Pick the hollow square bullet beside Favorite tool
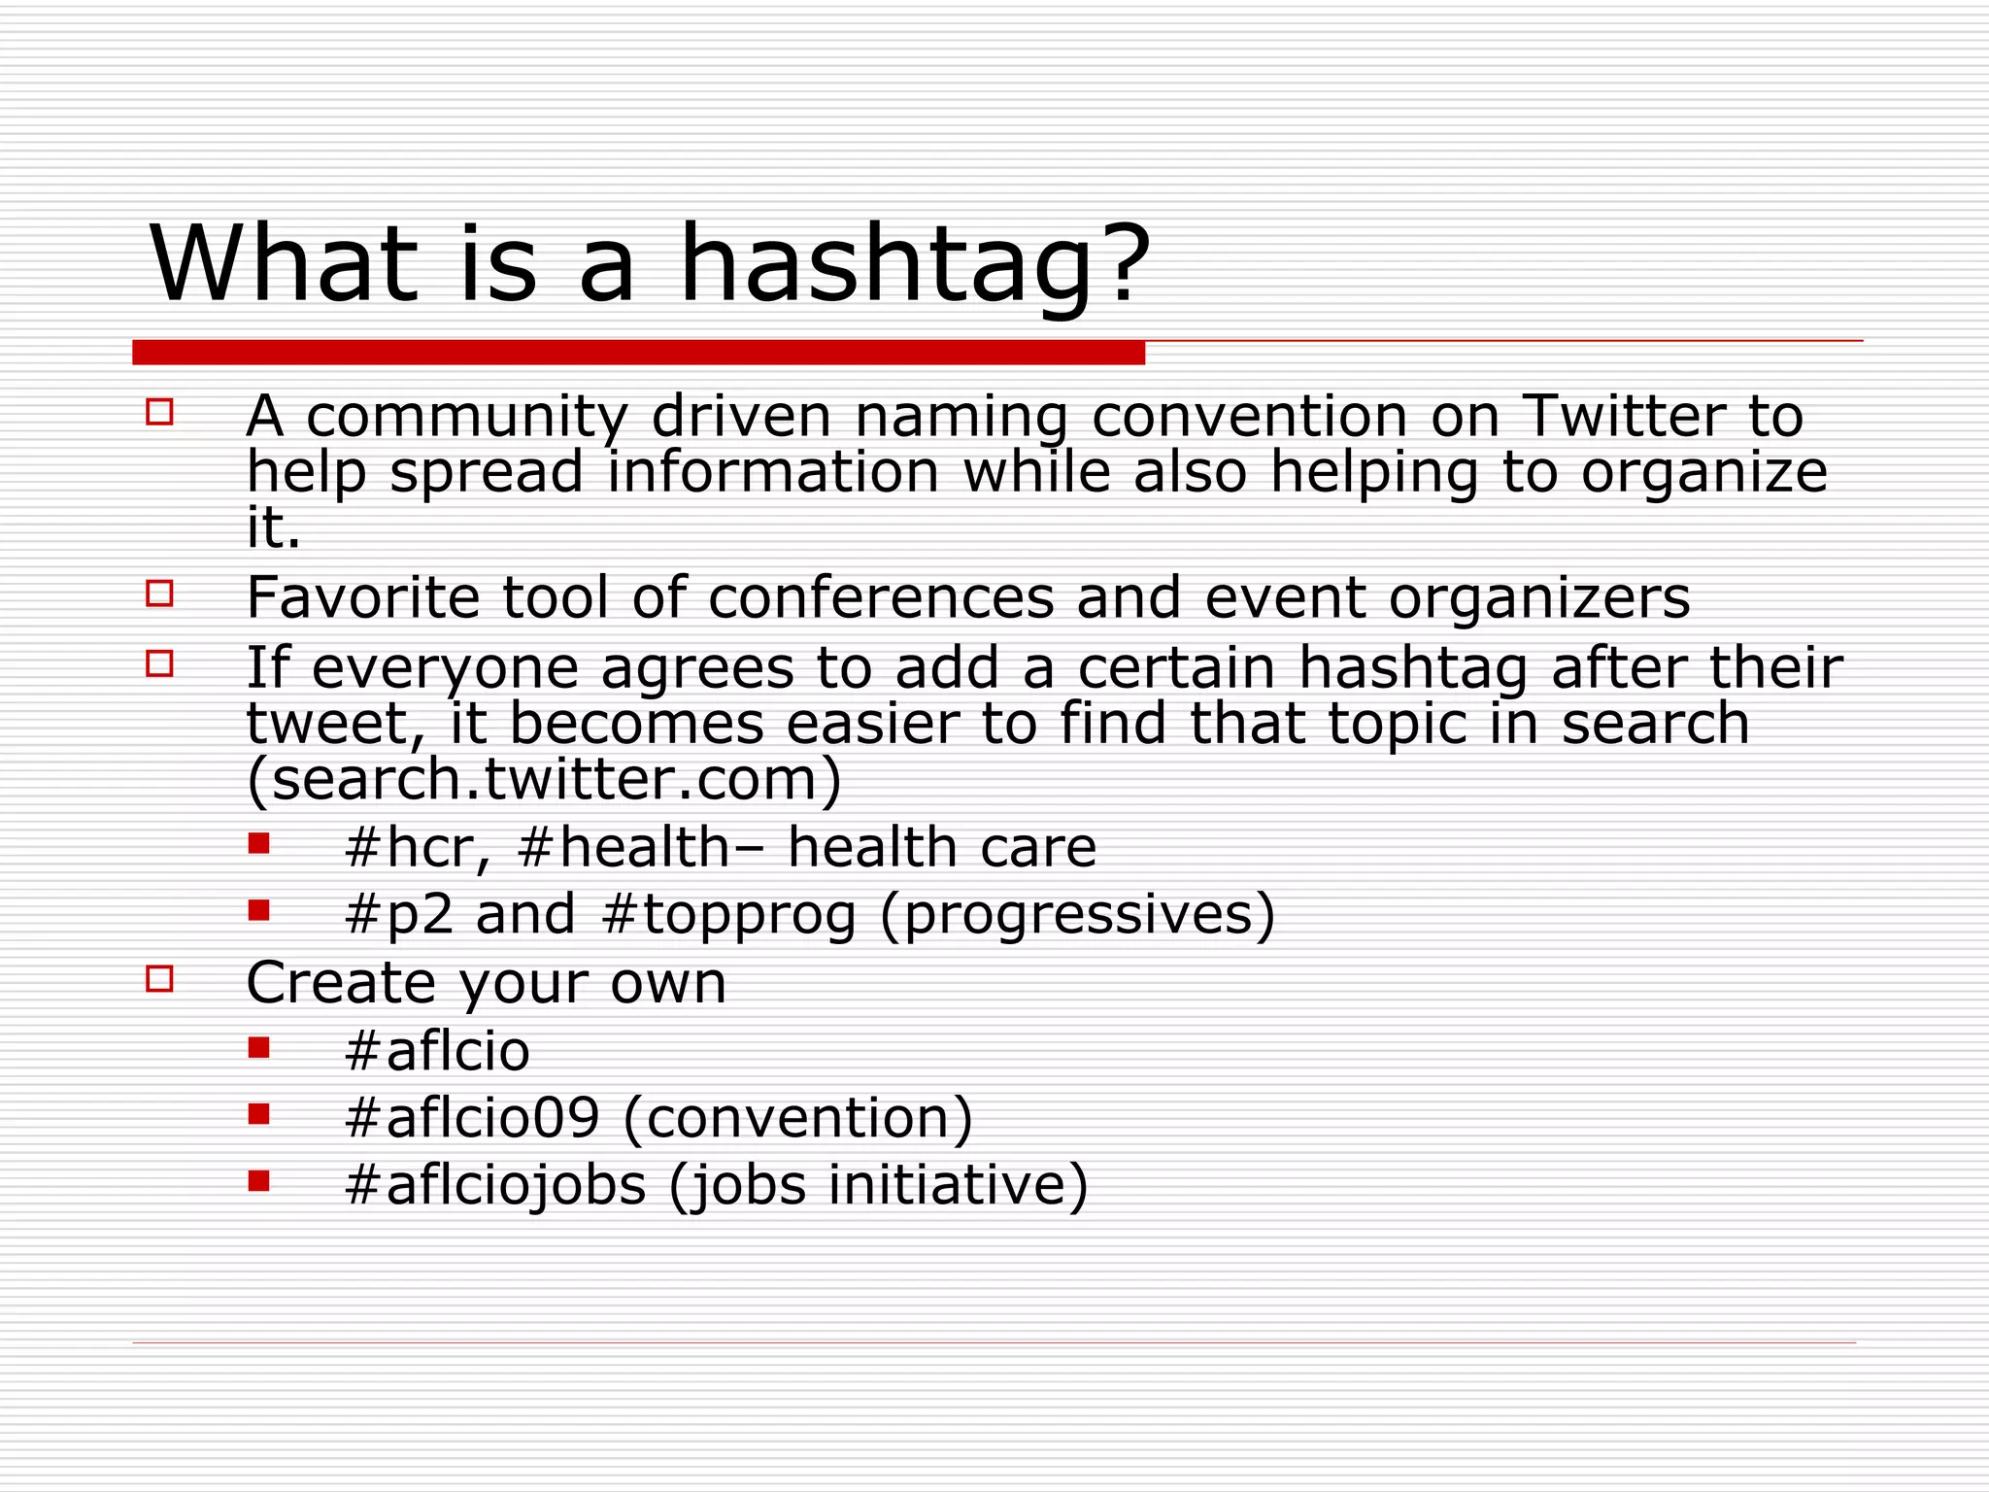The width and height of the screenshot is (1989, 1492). [159, 593]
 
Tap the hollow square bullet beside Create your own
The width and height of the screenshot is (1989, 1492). [159, 978]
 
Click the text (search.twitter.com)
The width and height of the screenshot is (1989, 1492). [544, 779]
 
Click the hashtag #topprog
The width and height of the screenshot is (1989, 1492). [728, 915]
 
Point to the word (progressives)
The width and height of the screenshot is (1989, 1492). [1077, 915]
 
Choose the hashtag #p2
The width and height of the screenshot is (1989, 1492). [399, 915]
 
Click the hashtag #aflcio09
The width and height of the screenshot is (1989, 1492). [472, 1118]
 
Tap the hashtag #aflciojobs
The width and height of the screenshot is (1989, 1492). [495, 1186]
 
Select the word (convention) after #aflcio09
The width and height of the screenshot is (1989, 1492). [797, 1118]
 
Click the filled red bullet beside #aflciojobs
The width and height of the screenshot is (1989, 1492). [258, 1180]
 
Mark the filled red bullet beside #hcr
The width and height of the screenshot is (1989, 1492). [258, 842]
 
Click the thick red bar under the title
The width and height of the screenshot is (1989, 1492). [638, 353]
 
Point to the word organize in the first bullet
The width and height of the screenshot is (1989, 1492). [1703, 474]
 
